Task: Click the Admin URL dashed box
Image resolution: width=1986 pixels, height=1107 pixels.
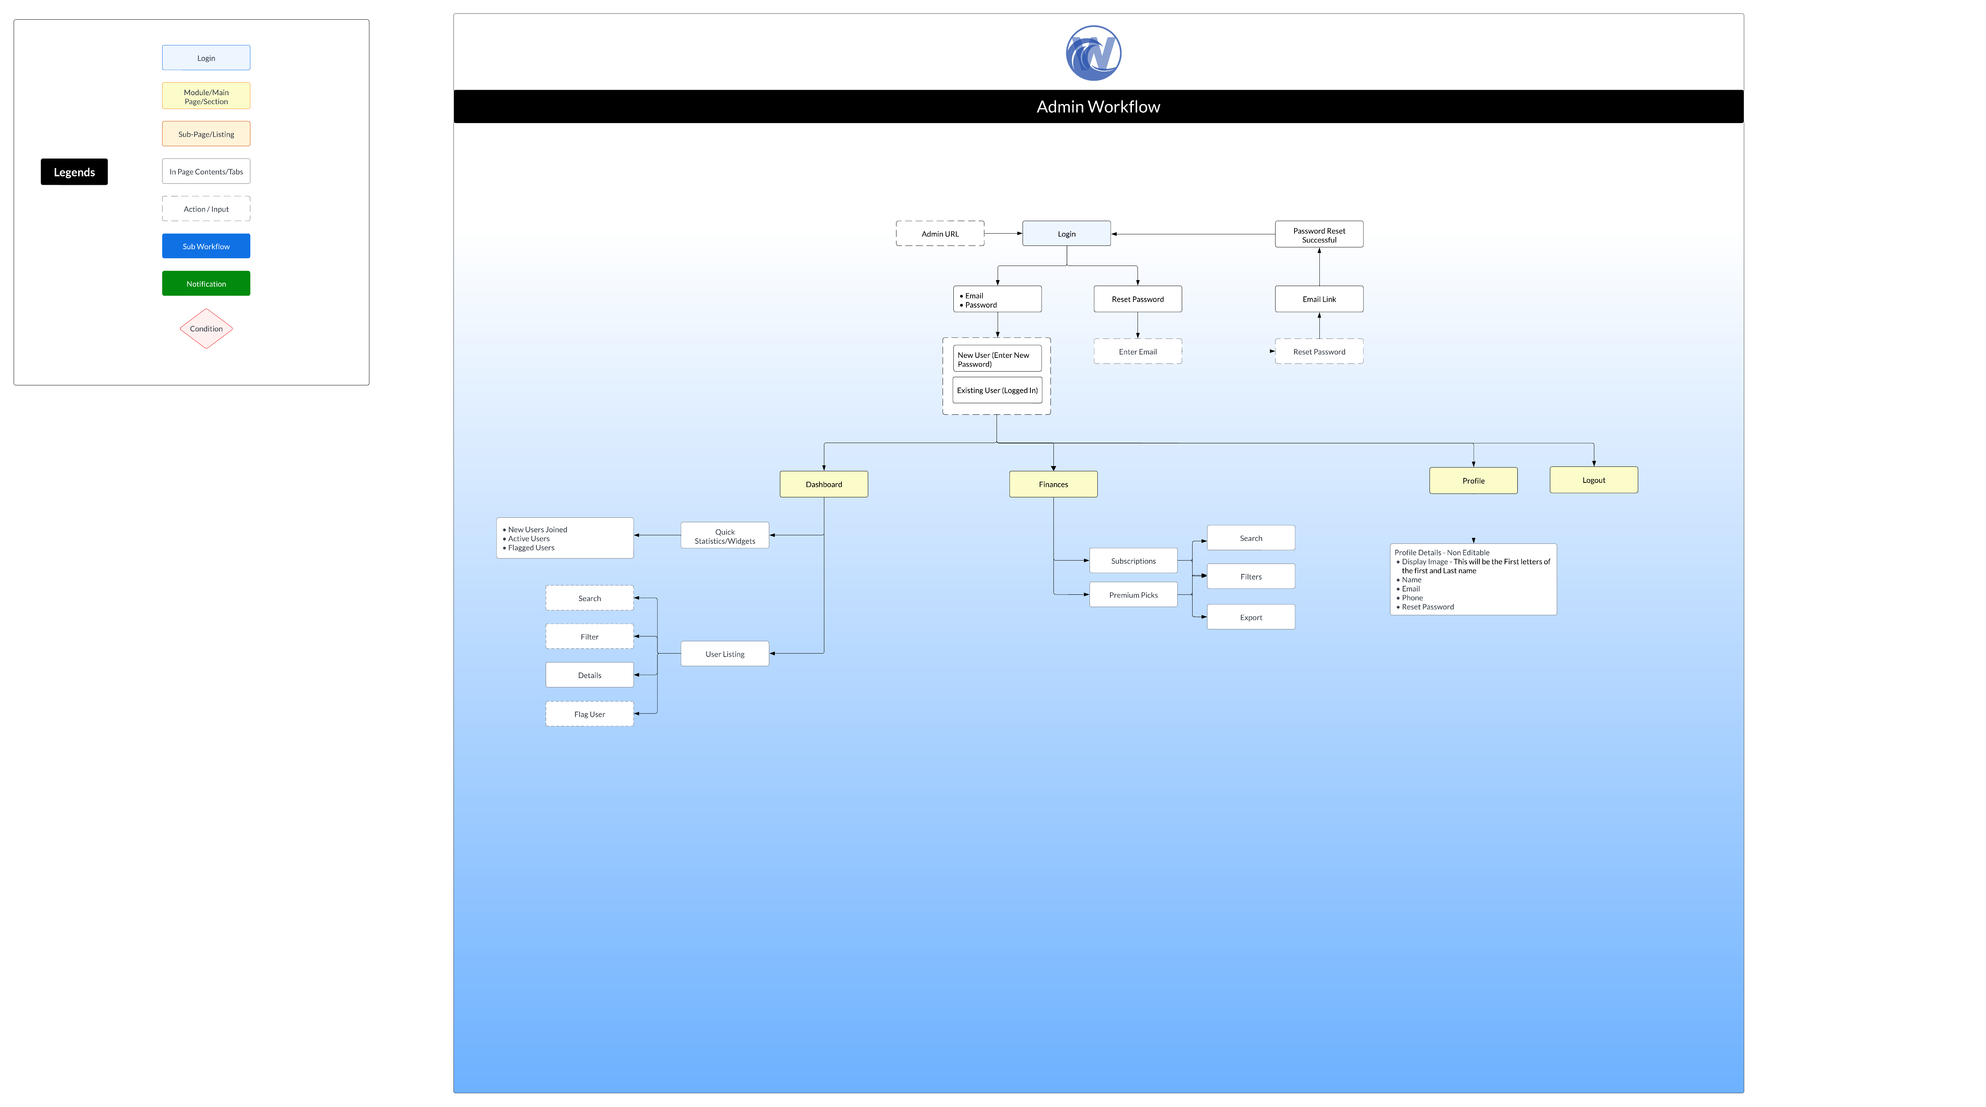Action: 940,234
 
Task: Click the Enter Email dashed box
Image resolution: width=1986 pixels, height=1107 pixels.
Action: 1137,352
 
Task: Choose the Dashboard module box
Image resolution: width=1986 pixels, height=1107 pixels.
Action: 824,484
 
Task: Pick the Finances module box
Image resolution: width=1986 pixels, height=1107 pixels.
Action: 1053,484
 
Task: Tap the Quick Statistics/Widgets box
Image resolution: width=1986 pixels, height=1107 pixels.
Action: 725,536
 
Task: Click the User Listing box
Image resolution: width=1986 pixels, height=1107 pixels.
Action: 725,654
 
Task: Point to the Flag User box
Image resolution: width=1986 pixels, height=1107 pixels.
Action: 590,714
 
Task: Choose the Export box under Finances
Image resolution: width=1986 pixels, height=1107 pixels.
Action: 1251,617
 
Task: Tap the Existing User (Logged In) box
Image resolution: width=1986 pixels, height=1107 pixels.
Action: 997,390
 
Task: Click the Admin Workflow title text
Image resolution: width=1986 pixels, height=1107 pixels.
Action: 1098,106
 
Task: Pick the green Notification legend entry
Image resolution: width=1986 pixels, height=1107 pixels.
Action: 206,284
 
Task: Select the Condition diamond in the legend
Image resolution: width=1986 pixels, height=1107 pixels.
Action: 206,328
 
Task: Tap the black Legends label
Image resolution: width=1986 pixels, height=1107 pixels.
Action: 74,172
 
